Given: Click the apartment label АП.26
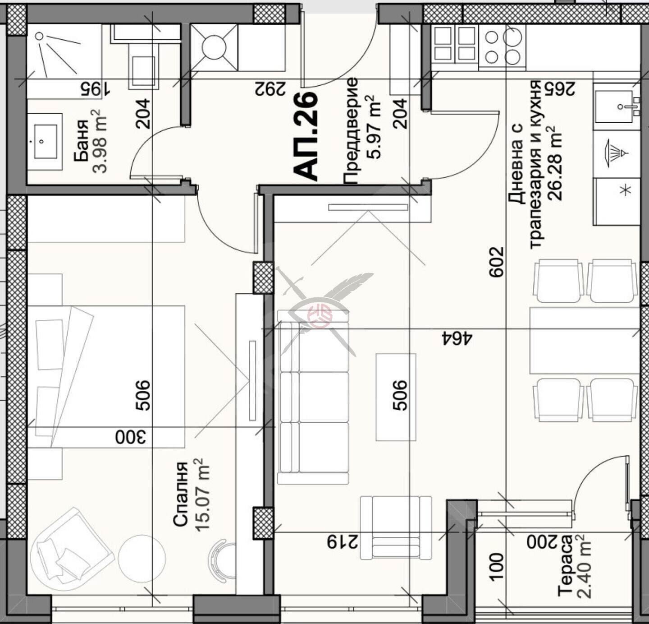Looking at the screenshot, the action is (306, 136).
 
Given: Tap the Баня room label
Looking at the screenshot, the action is (82, 141).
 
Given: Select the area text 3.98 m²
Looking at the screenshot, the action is (100, 141).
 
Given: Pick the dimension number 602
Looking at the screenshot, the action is (496, 262).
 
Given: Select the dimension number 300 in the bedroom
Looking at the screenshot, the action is (131, 437).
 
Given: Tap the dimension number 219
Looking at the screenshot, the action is (343, 542).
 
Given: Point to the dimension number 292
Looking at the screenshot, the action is (270, 88).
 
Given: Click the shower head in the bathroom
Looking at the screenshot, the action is (39, 36).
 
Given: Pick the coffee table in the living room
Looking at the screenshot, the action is (396, 398).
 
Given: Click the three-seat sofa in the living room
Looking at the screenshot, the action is (313, 398).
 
